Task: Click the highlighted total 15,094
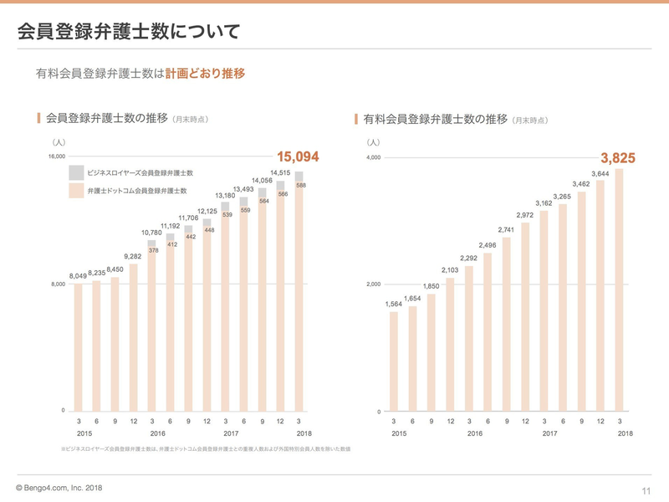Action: click(299, 156)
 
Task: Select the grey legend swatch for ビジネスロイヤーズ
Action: click(76, 172)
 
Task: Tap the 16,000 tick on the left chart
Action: click(57, 156)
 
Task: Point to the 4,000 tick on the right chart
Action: click(373, 157)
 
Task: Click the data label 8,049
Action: click(78, 275)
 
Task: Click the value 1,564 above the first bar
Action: click(394, 304)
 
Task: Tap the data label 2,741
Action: click(507, 229)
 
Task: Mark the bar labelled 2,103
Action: click(450, 343)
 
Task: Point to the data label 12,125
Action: click(207, 211)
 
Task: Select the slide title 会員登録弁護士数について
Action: click(129, 32)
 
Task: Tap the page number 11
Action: click(646, 489)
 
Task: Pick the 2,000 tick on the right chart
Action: click(373, 284)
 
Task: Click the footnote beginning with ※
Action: click(205, 449)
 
